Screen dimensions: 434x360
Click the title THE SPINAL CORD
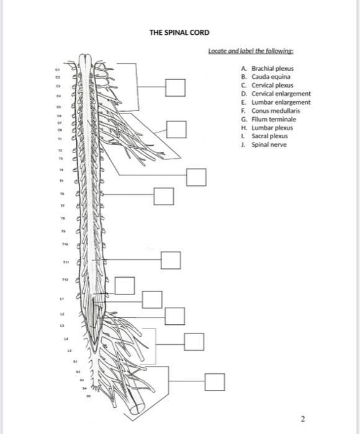(x=179, y=32)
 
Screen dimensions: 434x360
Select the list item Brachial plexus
(x=272, y=68)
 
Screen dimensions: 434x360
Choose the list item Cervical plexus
(x=271, y=85)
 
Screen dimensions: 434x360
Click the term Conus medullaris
(x=274, y=110)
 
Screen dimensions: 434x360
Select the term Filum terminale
(x=272, y=119)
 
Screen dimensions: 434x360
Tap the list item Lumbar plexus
(x=271, y=127)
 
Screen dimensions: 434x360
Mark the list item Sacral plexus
(x=270, y=136)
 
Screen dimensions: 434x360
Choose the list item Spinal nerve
(x=269, y=144)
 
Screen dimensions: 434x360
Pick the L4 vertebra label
(x=65, y=339)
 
